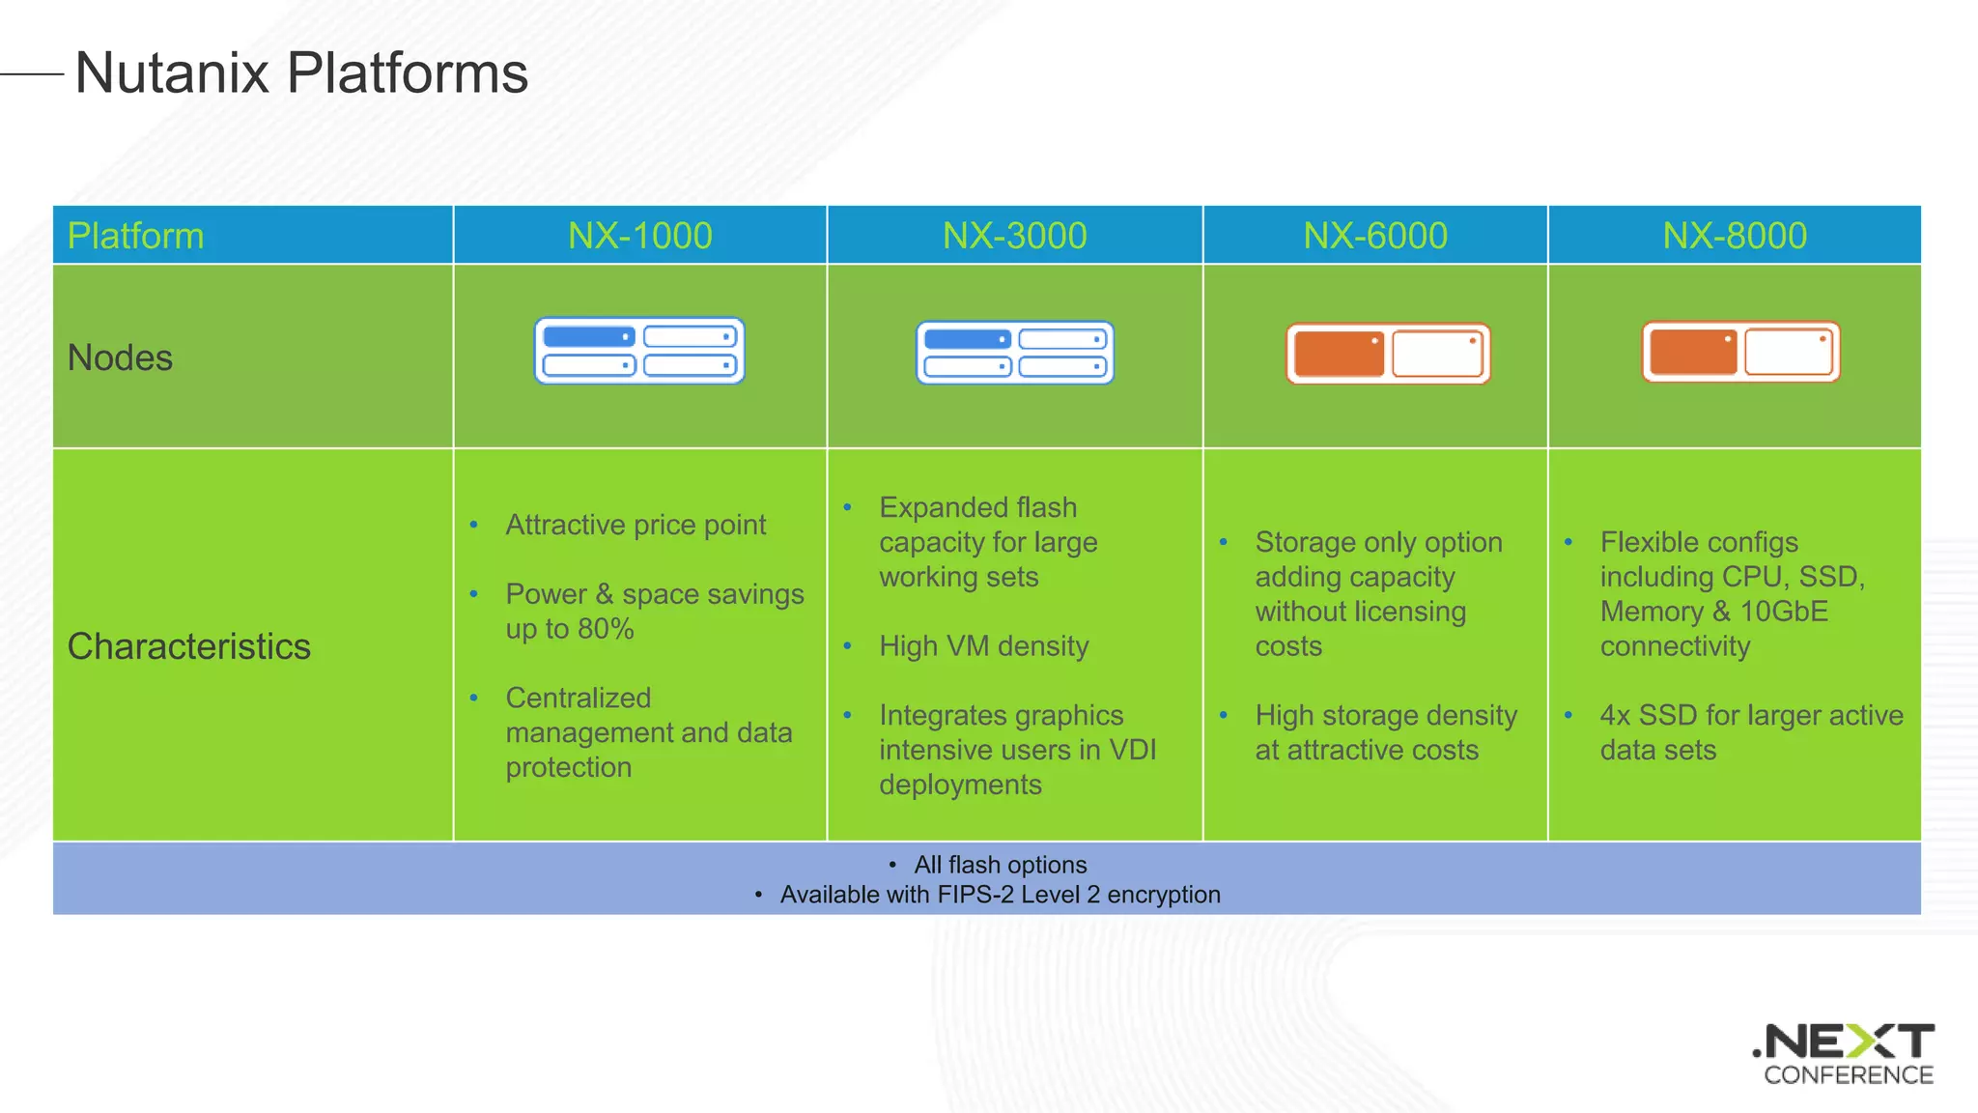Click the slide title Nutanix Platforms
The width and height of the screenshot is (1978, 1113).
[x=301, y=73]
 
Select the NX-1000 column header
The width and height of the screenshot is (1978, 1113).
[x=639, y=236]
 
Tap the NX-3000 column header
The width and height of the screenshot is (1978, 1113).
[x=1014, y=236]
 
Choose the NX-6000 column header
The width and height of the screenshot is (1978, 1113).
[x=1375, y=236]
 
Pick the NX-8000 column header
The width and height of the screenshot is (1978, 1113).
[x=1734, y=236]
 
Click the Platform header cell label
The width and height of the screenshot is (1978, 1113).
[x=135, y=236]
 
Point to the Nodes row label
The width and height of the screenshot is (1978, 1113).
[x=120, y=357]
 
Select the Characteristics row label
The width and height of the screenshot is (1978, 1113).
[x=189, y=646]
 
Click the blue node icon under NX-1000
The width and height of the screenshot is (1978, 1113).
[x=639, y=351]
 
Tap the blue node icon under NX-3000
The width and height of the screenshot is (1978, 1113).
[x=1014, y=353]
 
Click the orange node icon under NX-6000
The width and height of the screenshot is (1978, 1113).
[x=1388, y=354]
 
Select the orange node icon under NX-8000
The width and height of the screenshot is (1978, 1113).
[x=1740, y=352]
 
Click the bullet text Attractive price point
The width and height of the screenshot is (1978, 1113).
[x=636, y=525]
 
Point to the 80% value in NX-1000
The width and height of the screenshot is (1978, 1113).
[x=606, y=629]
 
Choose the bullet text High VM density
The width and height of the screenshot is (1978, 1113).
[x=983, y=645]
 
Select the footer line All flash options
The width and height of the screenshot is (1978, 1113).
[x=1000, y=865]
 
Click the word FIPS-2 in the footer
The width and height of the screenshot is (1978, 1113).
[x=975, y=895]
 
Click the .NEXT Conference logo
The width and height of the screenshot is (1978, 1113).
[x=1846, y=1054]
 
